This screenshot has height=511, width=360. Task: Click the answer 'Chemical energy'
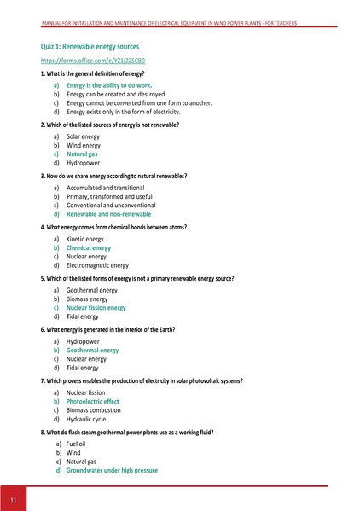pos(89,247)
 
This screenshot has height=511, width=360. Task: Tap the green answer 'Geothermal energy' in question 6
pos(92,350)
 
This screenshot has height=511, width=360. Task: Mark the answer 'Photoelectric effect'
pos(93,401)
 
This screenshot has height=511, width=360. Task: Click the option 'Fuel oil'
pos(78,444)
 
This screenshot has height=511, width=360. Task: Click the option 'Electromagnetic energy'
pos(98,265)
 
